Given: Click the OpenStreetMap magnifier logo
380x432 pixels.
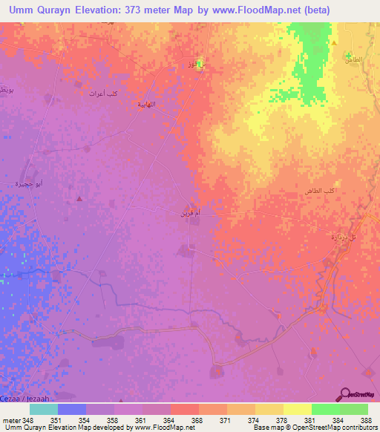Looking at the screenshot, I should coord(344,394).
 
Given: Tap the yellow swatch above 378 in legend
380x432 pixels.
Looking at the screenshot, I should coord(269,409).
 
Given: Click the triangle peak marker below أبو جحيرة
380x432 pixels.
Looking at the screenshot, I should coord(79,199).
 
